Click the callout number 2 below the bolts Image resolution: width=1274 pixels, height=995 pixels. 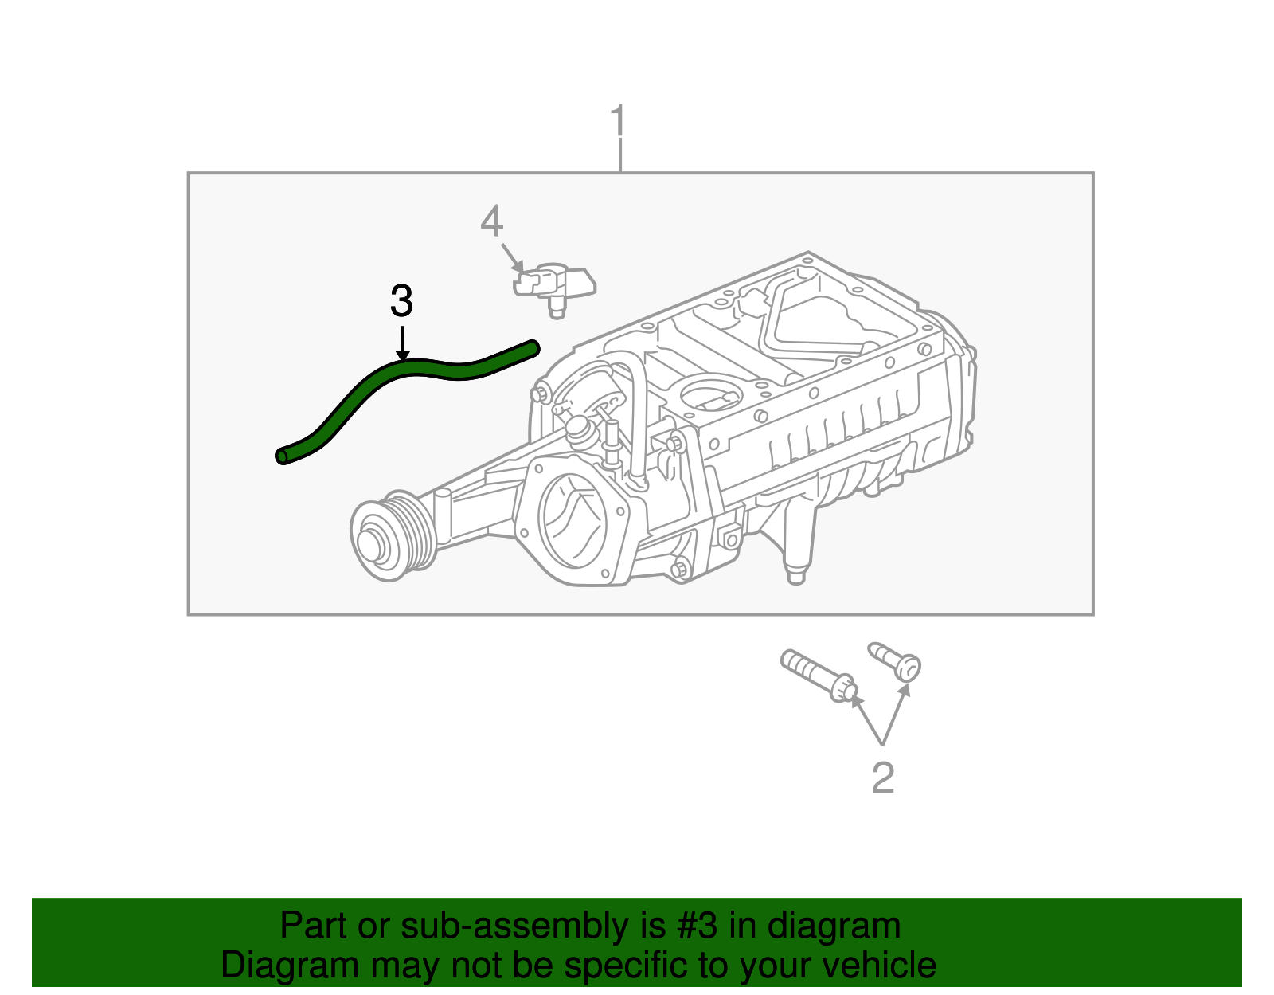882,778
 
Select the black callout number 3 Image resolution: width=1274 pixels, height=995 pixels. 402,301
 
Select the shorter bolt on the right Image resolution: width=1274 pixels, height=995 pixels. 897,661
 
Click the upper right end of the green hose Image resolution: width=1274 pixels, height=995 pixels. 533,347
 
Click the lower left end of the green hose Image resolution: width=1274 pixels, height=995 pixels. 283,456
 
